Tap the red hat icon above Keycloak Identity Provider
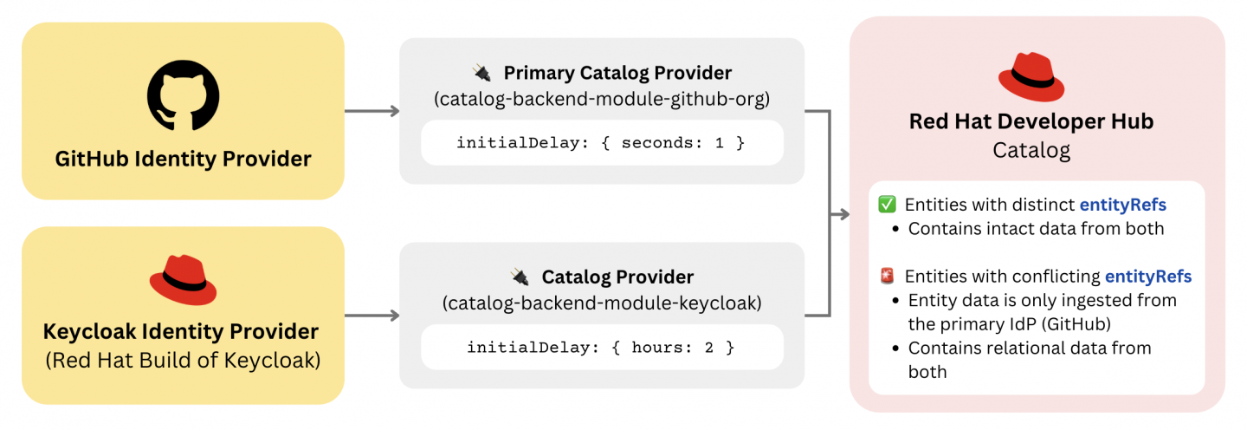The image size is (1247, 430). (x=183, y=279)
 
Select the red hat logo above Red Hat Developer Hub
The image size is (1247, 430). (x=1031, y=77)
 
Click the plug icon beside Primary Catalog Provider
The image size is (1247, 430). (x=481, y=73)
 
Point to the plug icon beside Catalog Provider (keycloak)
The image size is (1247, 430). (x=520, y=277)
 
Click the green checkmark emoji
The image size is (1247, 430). (x=887, y=205)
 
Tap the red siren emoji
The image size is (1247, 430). (x=887, y=277)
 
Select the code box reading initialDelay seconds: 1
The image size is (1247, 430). (x=601, y=142)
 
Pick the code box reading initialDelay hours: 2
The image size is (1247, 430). (x=601, y=347)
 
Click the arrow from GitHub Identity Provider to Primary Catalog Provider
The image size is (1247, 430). (x=372, y=111)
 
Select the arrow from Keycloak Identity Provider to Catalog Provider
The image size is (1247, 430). (x=372, y=316)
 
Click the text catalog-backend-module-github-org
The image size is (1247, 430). (x=601, y=99)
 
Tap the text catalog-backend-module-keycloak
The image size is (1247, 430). (x=601, y=303)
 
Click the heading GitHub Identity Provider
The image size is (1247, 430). (x=183, y=160)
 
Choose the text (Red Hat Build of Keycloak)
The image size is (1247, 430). (x=183, y=360)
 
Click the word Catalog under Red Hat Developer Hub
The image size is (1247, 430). (x=1031, y=150)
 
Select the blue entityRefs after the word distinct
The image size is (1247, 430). (x=1122, y=205)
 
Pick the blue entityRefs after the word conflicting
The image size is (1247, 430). (x=1148, y=277)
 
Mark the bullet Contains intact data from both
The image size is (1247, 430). (x=1036, y=229)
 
